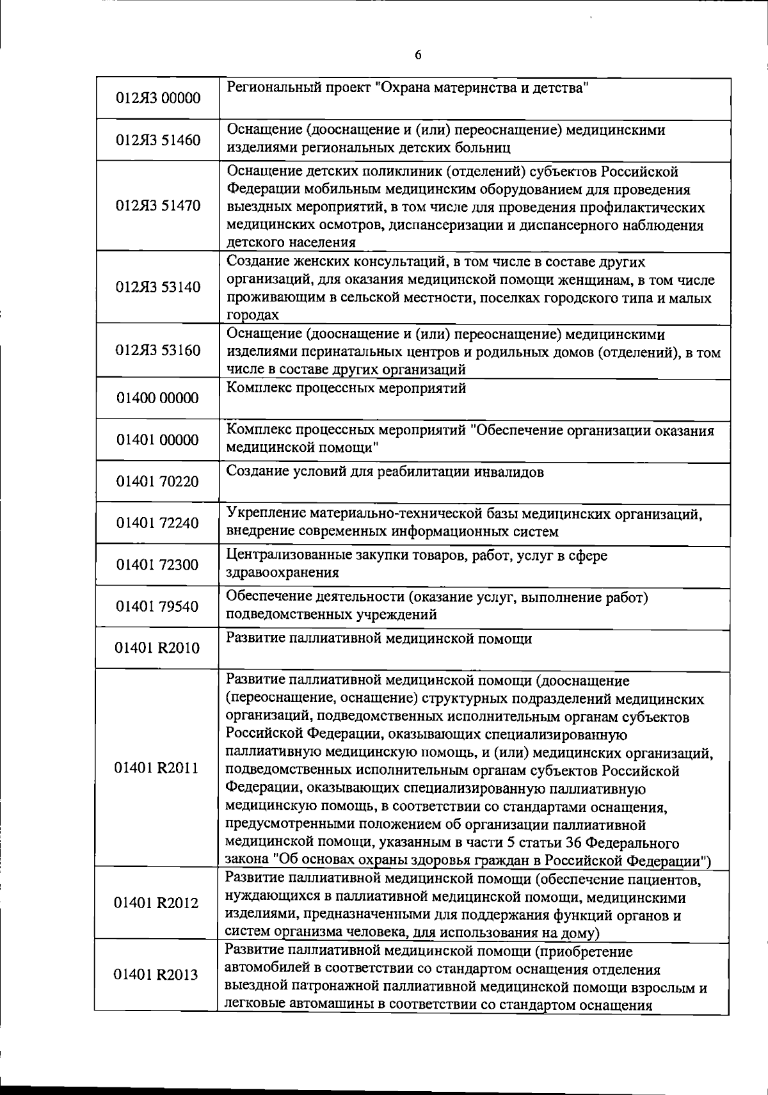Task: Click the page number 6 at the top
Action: [418, 55]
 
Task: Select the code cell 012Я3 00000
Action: [157, 99]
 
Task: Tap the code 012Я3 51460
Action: [157, 140]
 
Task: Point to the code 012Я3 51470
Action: [157, 206]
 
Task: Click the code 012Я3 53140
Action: [157, 287]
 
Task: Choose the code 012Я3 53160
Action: [157, 351]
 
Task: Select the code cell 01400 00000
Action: [157, 398]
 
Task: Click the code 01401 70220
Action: [157, 481]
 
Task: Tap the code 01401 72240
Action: [157, 524]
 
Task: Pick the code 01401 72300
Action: [157, 565]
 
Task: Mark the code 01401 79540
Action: [157, 607]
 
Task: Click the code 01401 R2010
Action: [157, 648]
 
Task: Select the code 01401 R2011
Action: [157, 768]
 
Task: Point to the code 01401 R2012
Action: [157, 903]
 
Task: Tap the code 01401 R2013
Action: [157, 975]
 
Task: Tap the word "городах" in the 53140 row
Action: [253, 315]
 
